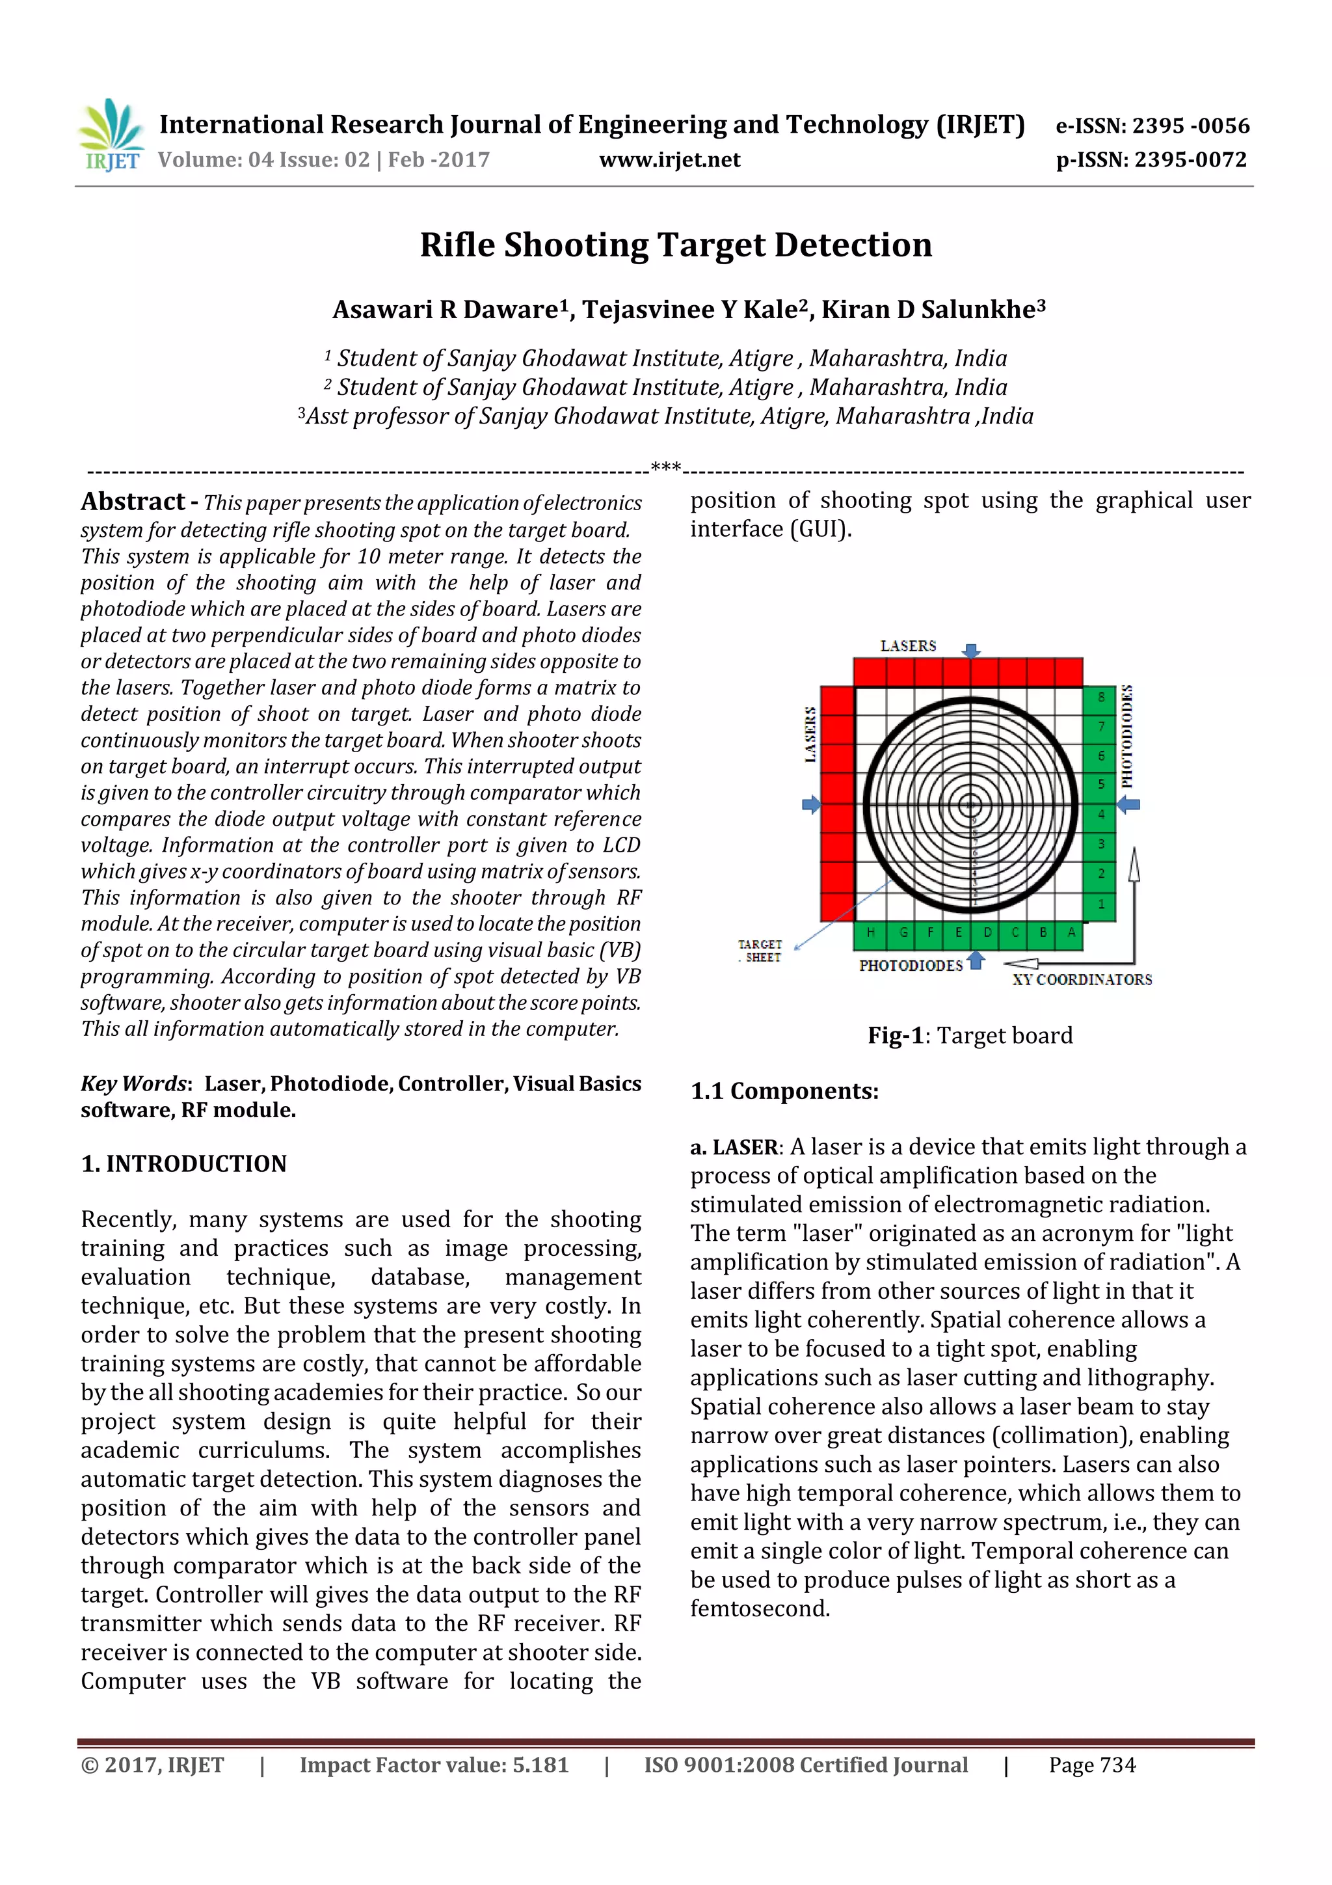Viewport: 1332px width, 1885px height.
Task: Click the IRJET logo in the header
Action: pyautogui.click(x=111, y=135)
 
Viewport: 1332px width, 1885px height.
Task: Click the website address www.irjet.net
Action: pyautogui.click(x=670, y=160)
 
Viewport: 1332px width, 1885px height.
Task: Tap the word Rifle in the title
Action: pyautogui.click(x=457, y=245)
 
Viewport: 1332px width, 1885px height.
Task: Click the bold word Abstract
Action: pyautogui.click(x=133, y=502)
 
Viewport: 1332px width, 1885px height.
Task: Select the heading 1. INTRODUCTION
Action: pyautogui.click(x=184, y=1163)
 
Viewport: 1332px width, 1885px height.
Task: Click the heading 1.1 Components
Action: pyautogui.click(x=784, y=1091)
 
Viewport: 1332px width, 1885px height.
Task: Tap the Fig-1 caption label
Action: pyautogui.click(x=894, y=1035)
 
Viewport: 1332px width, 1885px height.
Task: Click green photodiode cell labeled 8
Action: pyautogui.click(x=1100, y=697)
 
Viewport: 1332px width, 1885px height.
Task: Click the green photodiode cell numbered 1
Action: pyautogui.click(x=1100, y=904)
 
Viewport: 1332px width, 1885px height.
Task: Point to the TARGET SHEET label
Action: pyautogui.click(x=760, y=951)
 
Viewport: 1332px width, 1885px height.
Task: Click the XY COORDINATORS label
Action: pyautogui.click(x=1081, y=979)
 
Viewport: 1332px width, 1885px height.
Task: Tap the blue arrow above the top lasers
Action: pyautogui.click(x=971, y=650)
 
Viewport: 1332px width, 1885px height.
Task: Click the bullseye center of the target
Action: pyautogui.click(x=970, y=806)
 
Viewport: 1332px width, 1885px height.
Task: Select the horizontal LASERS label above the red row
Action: pyautogui.click(x=908, y=646)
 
